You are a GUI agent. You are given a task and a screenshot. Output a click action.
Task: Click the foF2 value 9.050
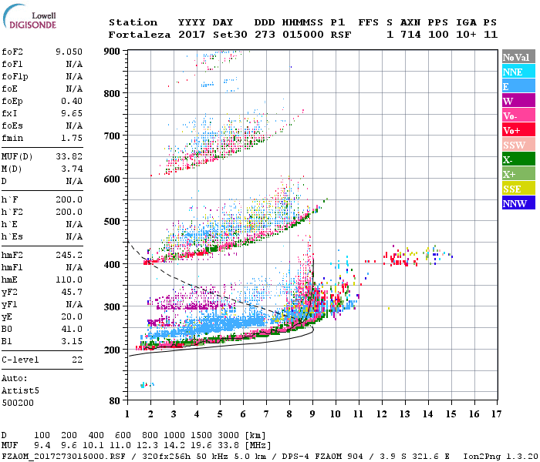point(69,52)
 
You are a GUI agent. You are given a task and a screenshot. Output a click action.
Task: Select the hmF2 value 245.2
point(69,254)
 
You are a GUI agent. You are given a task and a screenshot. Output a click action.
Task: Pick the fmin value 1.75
point(72,138)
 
